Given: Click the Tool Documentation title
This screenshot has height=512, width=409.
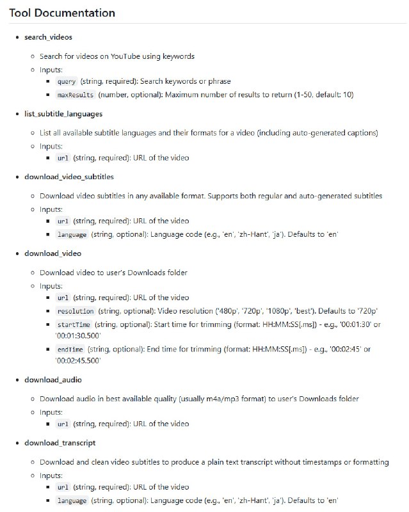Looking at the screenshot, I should click(62, 13).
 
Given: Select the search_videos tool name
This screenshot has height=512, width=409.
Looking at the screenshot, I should click(48, 37).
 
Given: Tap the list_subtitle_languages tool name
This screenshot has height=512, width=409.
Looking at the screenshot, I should click(63, 113).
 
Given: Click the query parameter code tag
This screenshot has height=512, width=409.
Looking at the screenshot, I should click(67, 82).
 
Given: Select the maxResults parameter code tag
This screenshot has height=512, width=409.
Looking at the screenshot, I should click(76, 95).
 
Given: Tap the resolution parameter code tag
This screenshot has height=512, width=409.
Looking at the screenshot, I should click(76, 310).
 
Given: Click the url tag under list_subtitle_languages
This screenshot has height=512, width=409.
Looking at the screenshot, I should click(63, 158).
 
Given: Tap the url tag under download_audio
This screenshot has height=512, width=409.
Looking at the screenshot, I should click(63, 424).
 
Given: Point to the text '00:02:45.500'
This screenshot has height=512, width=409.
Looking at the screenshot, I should click(78, 361).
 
